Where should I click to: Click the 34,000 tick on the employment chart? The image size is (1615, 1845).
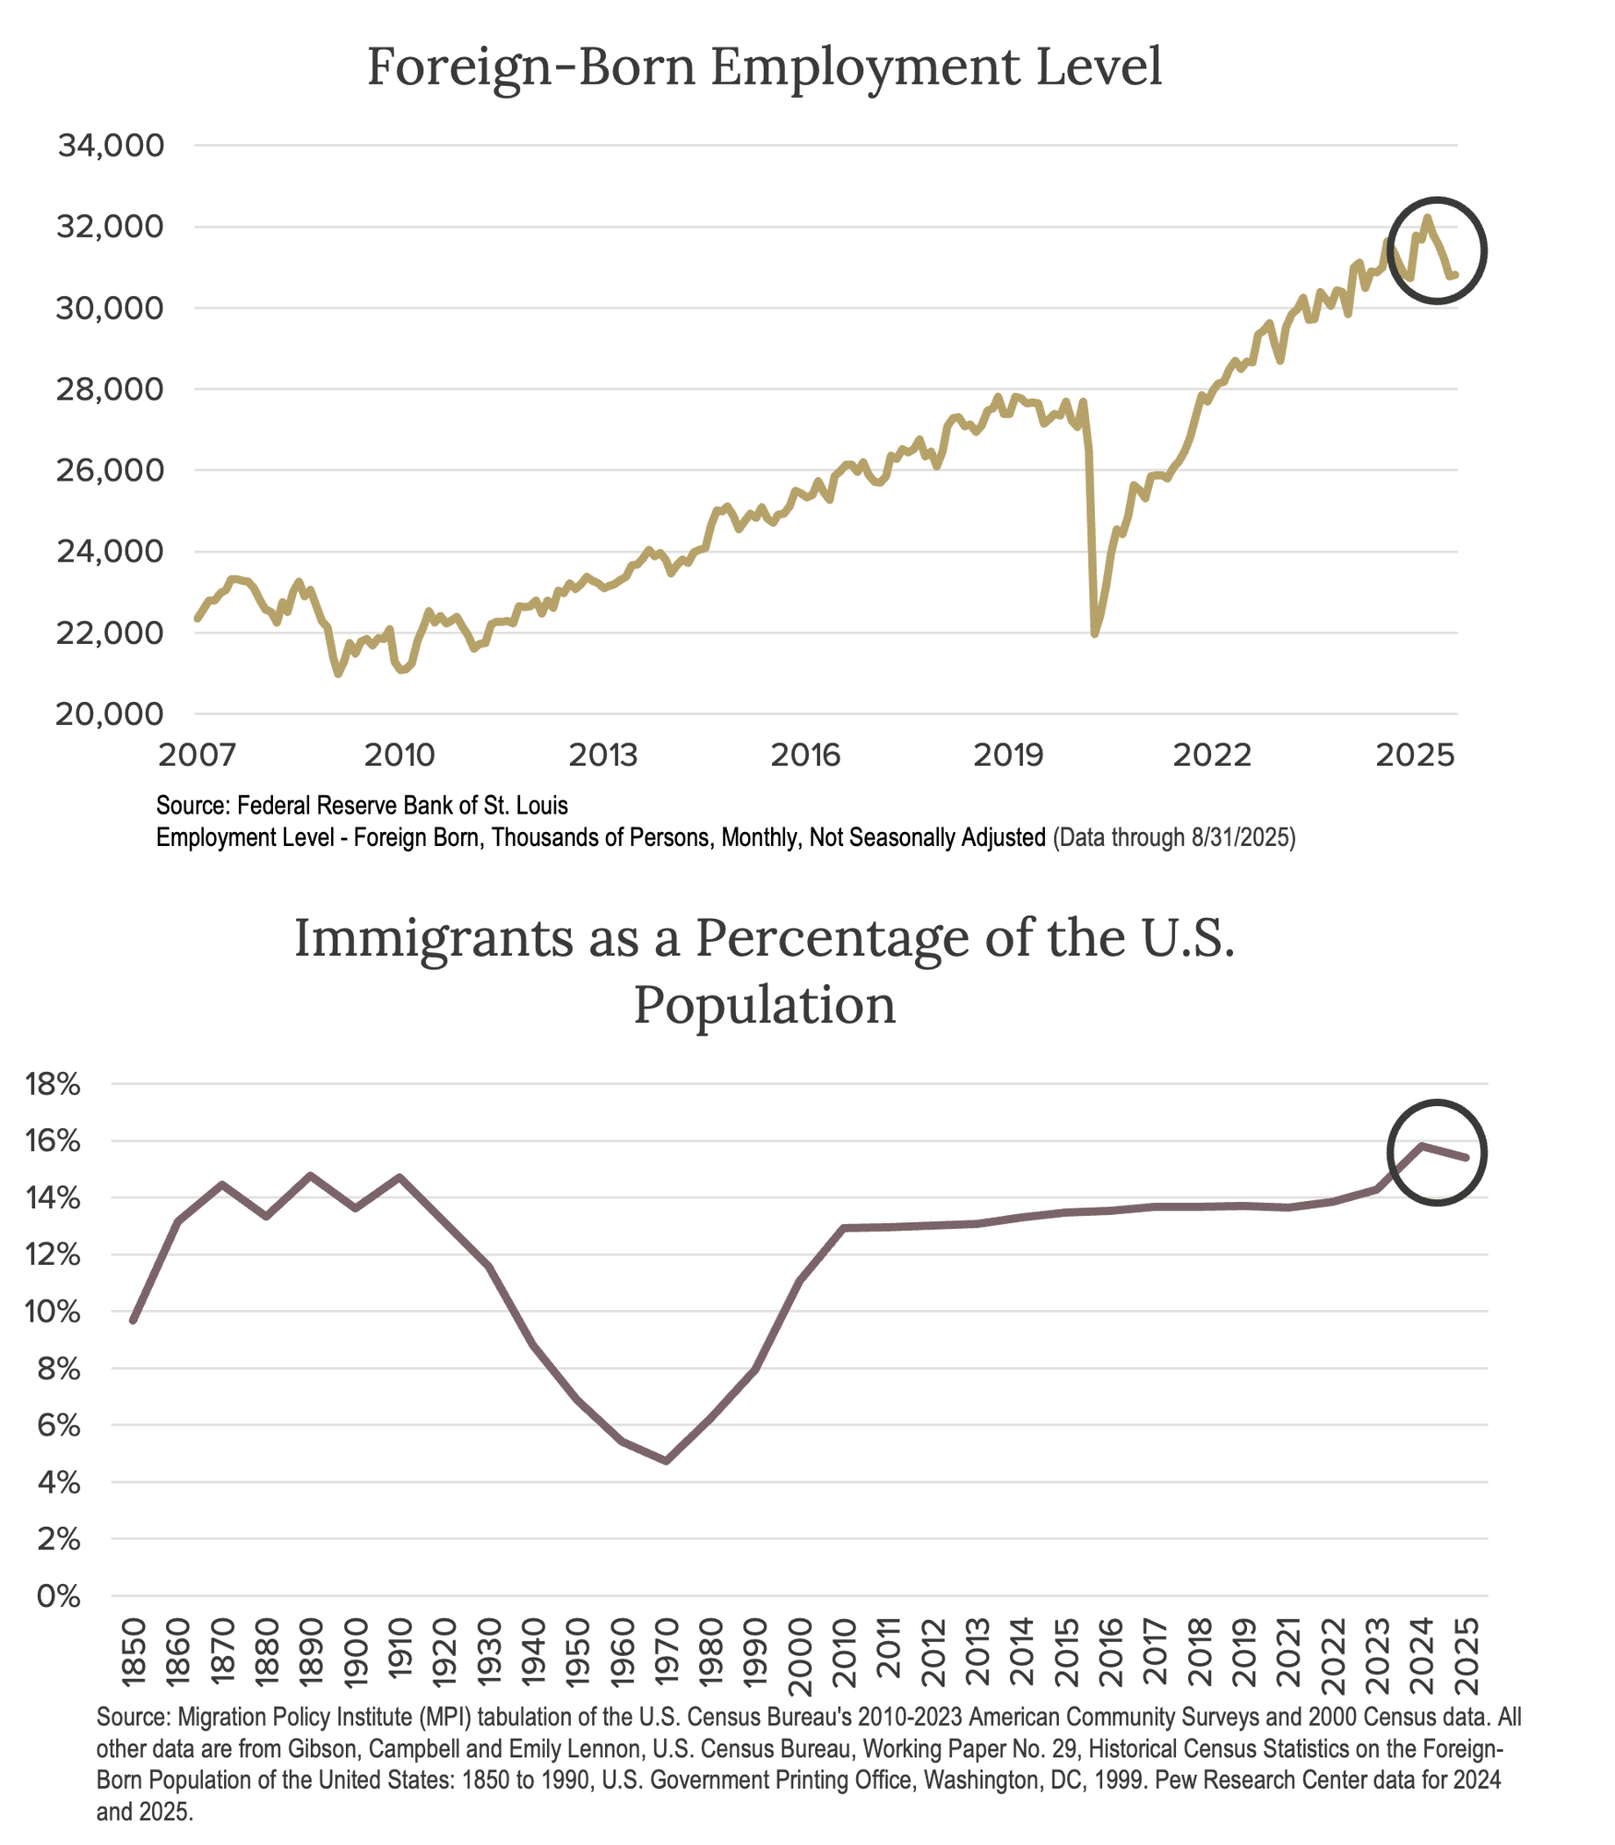[111, 146]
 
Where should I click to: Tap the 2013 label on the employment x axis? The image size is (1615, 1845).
[602, 756]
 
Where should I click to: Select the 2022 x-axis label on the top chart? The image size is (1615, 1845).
[1212, 756]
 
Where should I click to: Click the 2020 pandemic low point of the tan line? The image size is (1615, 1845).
[1095, 634]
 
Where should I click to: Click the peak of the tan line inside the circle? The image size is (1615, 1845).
[1427, 219]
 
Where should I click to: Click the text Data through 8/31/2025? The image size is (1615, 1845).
[1174, 838]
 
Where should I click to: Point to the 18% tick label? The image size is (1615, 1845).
[53, 1085]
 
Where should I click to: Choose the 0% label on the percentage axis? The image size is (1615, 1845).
[58, 1597]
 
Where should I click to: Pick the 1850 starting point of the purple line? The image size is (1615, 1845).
[133, 1320]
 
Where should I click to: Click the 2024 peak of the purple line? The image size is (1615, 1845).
[1423, 1146]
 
